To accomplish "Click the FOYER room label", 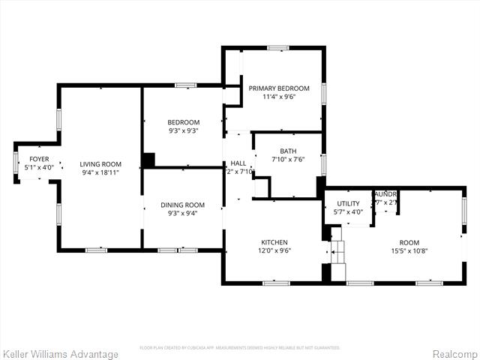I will (39, 159).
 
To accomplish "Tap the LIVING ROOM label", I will (100, 164).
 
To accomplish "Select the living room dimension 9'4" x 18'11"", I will (100, 172).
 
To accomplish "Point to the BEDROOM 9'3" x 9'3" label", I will (183, 122).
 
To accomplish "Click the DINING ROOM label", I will (183, 205).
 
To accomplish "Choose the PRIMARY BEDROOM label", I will (279, 88).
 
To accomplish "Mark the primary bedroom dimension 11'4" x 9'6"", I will (279, 96).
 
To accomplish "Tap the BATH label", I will (288, 151).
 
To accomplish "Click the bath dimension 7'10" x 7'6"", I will (288, 159).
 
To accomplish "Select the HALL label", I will (238, 163).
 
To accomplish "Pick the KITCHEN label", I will (274, 242).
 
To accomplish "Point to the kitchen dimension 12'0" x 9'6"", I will (274, 250).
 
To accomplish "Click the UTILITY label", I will (348, 203).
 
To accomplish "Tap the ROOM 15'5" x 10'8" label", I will (409, 242).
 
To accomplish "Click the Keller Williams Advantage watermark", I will (61, 354).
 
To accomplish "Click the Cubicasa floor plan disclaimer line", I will (240, 347).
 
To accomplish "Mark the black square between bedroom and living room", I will (148, 160).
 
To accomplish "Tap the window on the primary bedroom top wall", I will (278, 48).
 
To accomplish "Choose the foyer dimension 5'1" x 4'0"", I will (39, 167).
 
